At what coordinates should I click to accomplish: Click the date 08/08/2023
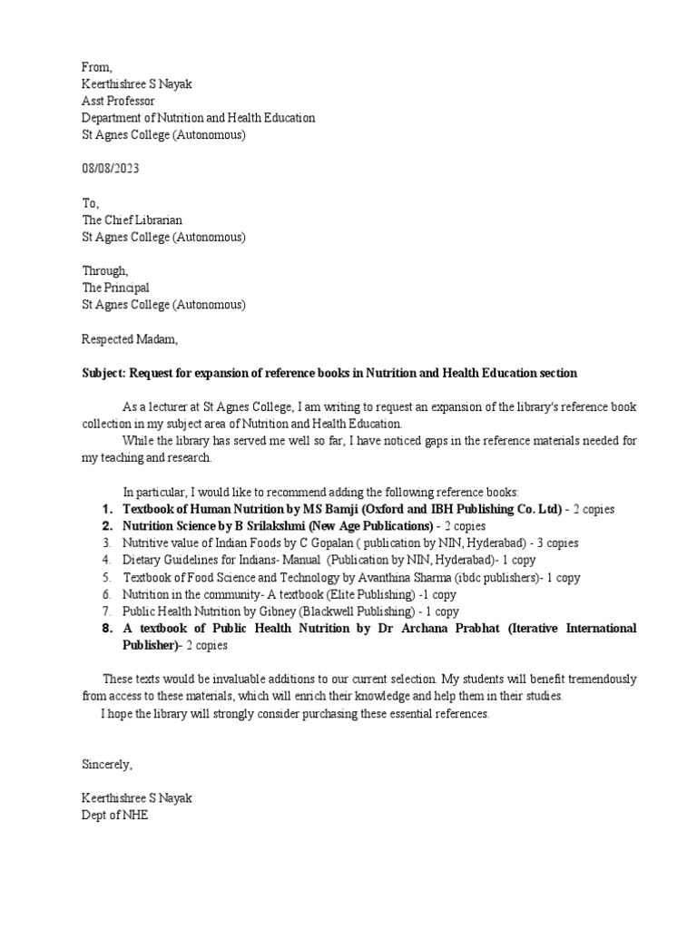coord(111,170)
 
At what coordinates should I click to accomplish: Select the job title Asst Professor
coord(118,101)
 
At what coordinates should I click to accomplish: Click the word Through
coord(105,270)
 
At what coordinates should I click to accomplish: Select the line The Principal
coord(115,288)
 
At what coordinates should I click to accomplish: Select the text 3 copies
coord(555,543)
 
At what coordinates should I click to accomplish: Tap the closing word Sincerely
coord(107,765)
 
